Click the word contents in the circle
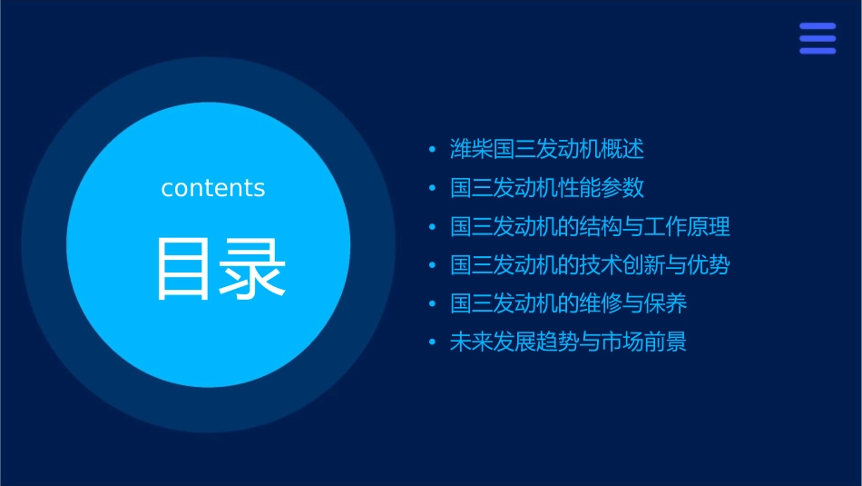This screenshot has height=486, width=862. pyautogui.click(x=212, y=188)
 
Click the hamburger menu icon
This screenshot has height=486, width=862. pyautogui.click(x=817, y=39)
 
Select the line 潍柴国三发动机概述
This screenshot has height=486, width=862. pyautogui.click(x=547, y=149)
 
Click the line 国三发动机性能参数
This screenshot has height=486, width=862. pyautogui.click(x=547, y=188)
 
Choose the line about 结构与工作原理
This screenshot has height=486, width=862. pyautogui.click(x=590, y=226)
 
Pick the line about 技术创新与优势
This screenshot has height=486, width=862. pyautogui.click(x=590, y=265)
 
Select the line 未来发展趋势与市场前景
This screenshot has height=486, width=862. pyautogui.click(x=568, y=342)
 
